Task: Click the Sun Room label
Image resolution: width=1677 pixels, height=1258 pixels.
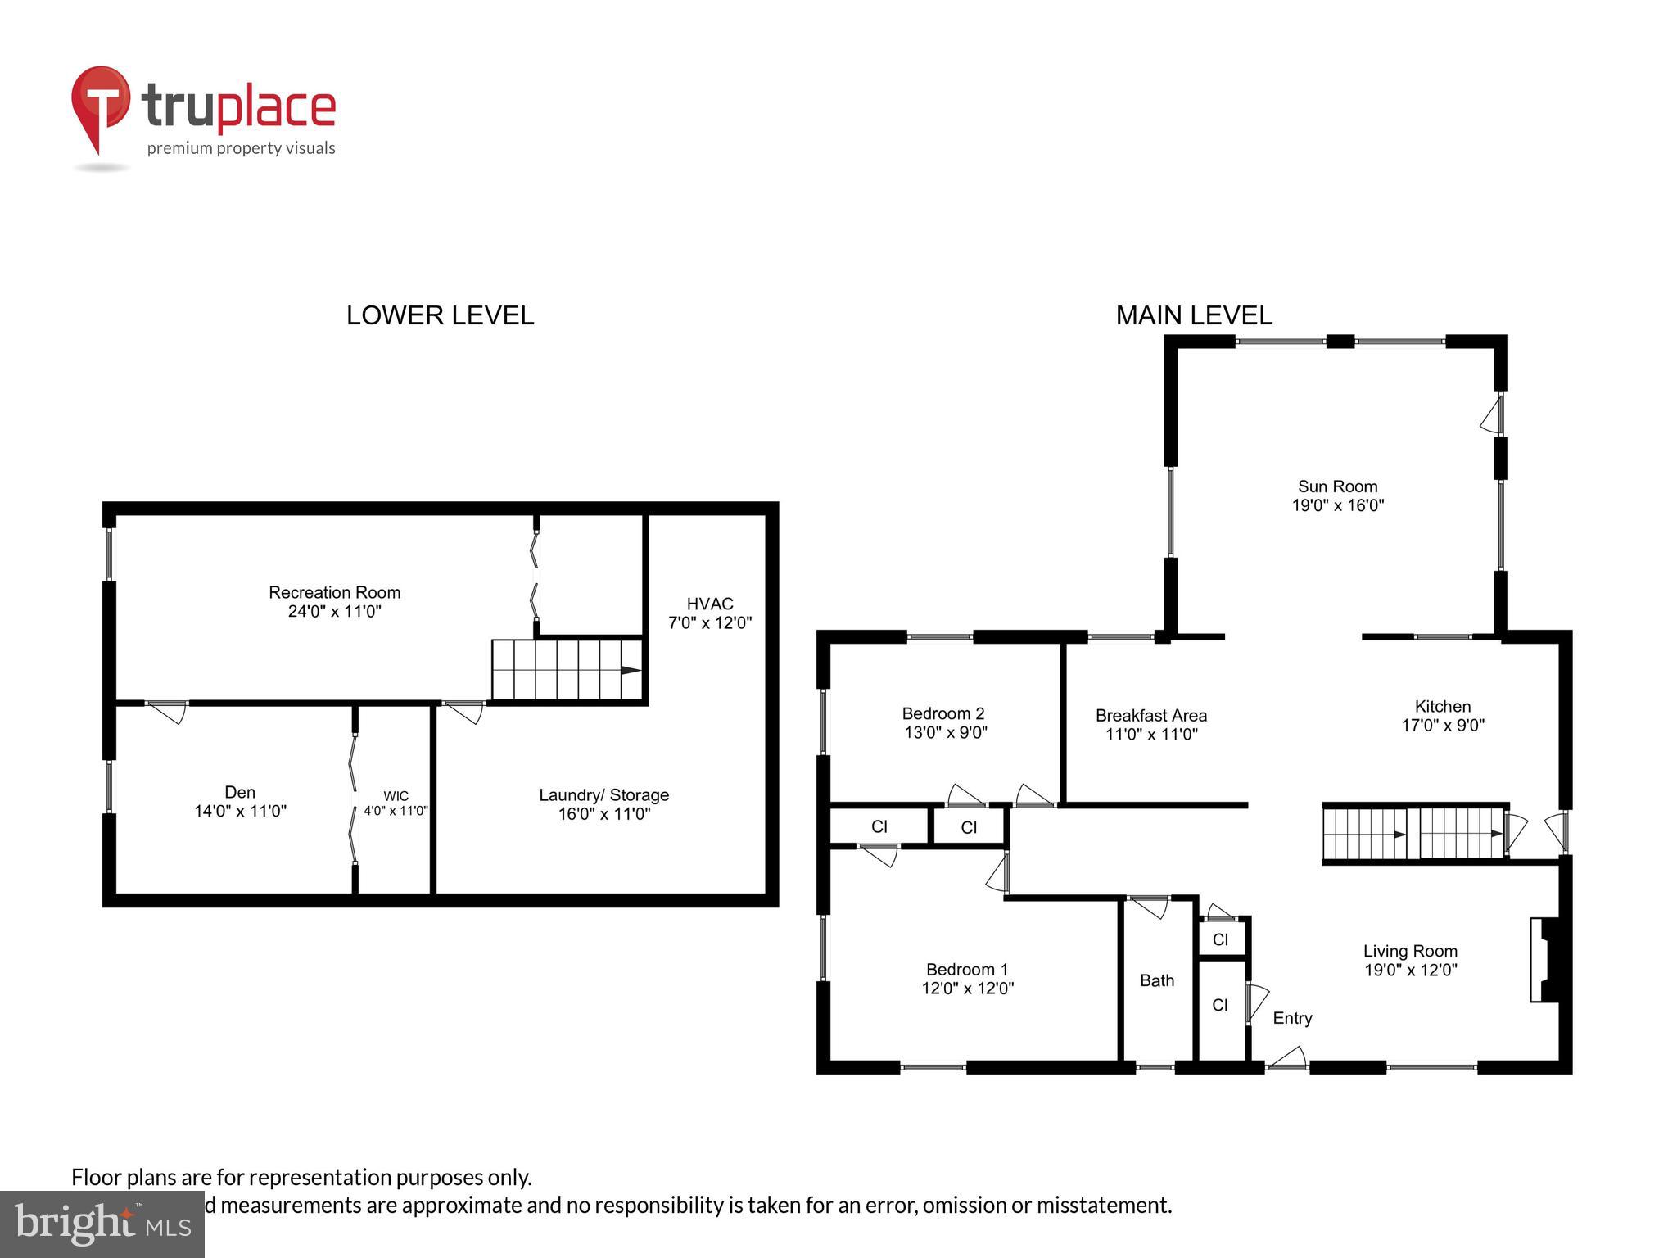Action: click(1337, 486)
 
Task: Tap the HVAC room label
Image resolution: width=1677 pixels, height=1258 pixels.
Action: click(709, 604)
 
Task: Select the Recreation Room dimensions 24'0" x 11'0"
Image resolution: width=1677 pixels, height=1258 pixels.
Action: click(334, 612)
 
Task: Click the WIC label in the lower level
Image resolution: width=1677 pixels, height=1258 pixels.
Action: click(396, 796)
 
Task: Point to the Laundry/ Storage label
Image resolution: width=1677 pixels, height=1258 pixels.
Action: click(603, 795)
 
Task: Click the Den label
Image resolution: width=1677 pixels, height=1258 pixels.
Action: click(240, 792)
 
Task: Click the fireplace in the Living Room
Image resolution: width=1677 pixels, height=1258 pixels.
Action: click(1545, 959)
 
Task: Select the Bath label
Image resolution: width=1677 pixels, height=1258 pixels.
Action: click(1156, 980)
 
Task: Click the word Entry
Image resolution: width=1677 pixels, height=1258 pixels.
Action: click(1292, 1018)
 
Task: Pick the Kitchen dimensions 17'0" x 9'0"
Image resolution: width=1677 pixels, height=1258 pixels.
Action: click(1442, 726)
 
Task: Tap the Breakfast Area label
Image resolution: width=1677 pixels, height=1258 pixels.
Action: click(1150, 716)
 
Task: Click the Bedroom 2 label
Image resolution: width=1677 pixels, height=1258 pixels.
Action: click(942, 713)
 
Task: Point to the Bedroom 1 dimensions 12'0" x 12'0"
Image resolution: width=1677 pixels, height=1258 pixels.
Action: click(967, 989)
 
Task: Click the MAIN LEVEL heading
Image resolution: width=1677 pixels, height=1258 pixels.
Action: click(1193, 315)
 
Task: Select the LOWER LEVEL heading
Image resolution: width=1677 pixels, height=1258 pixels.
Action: click(440, 315)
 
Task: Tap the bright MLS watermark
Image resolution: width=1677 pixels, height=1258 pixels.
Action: click(102, 1224)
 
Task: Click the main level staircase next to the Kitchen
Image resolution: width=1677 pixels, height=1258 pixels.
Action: click(1414, 834)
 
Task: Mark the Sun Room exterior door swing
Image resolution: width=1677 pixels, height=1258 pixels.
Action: click(1492, 415)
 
